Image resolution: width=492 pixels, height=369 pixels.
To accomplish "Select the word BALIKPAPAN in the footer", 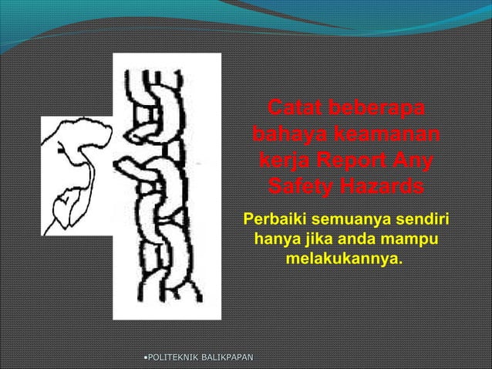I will pyautogui.click(x=229, y=357).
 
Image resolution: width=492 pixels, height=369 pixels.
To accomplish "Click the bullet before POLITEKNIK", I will pyautogui.click(x=144, y=357).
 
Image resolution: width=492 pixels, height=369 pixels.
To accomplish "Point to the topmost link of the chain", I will pyautogui.click(x=164, y=86).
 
